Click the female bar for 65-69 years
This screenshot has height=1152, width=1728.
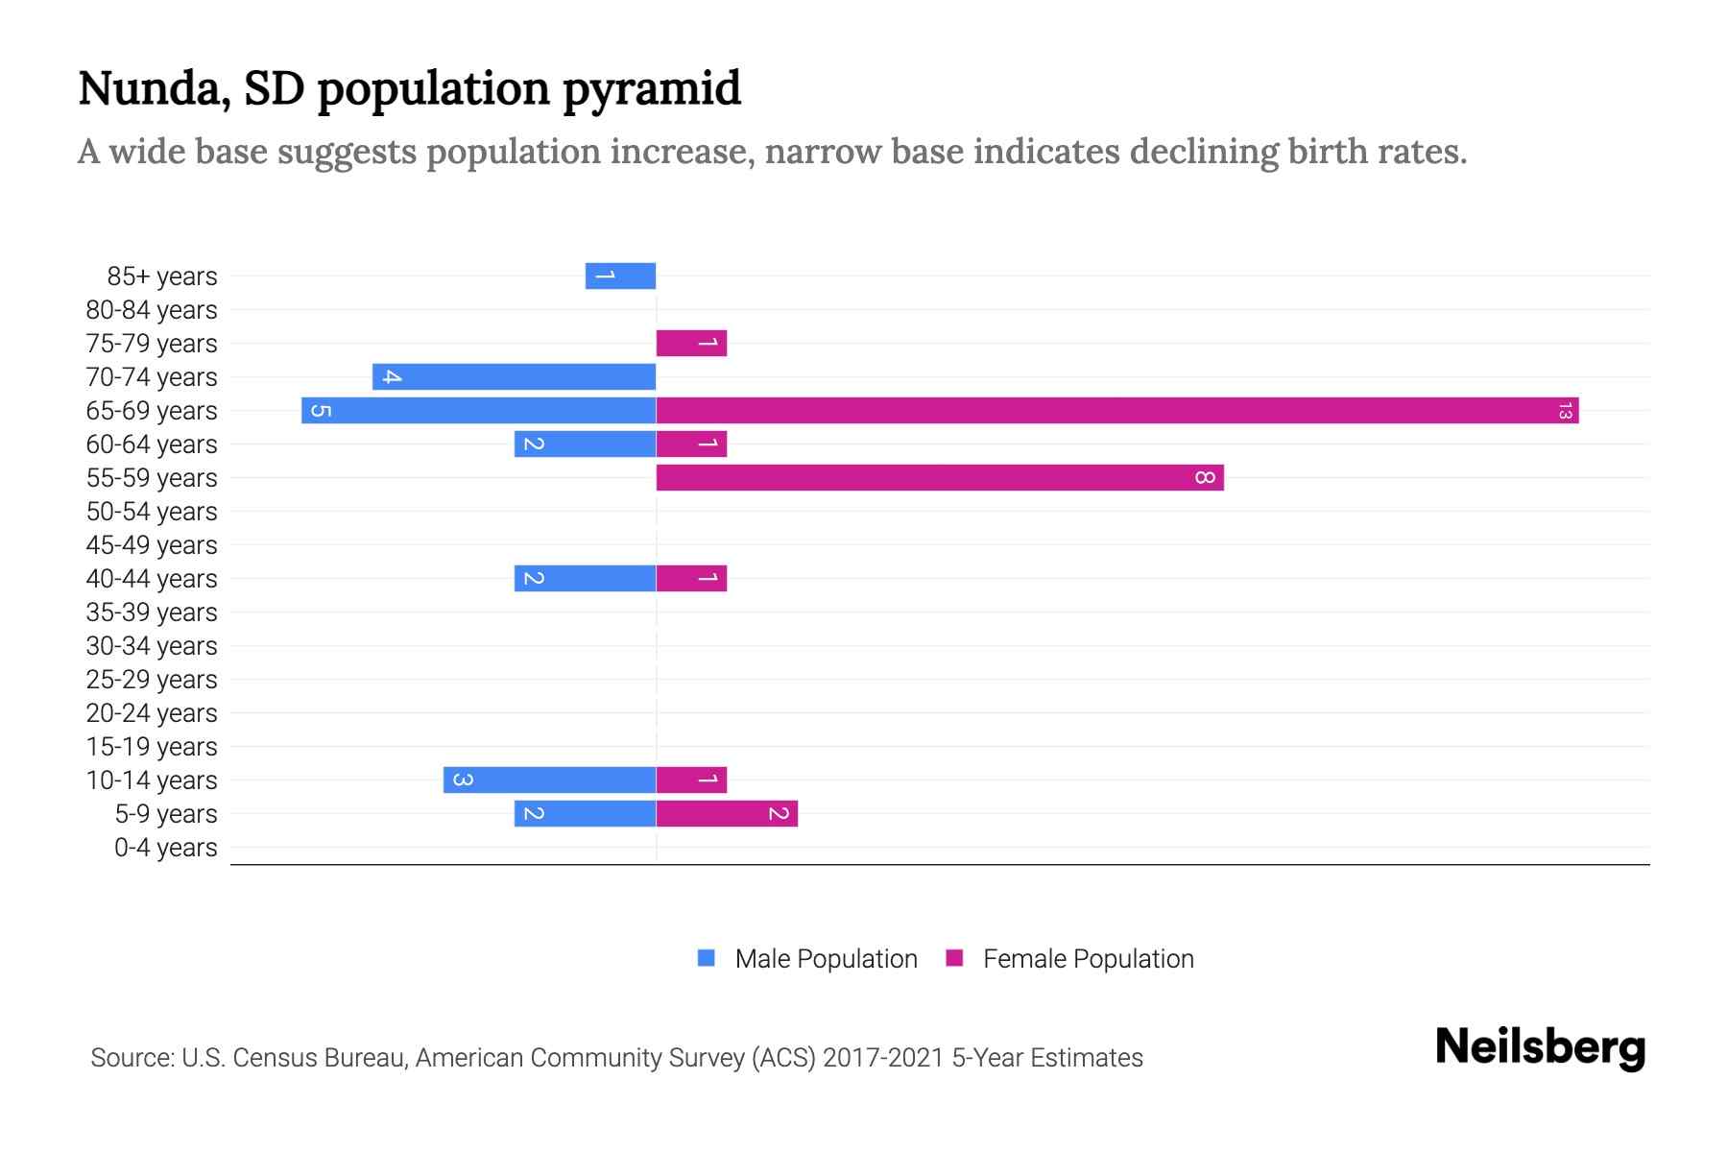tap(1116, 411)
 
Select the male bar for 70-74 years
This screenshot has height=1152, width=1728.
tap(514, 377)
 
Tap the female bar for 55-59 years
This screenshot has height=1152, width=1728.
tap(939, 478)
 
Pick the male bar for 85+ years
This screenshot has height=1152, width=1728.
tap(620, 276)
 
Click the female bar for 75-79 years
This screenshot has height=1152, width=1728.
tap(691, 344)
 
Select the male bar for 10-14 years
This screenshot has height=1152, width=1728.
tap(549, 780)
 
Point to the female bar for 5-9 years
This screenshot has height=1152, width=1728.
tap(727, 814)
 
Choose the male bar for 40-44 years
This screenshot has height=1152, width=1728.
tap(585, 579)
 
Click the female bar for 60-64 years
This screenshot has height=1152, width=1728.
tap(691, 444)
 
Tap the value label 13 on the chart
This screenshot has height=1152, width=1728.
tap(1565, 411)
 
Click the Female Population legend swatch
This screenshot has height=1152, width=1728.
tap(954, 958)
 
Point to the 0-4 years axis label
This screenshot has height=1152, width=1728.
tap(165, 848)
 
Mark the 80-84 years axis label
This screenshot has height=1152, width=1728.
tap(152, 310)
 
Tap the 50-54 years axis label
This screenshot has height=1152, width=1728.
tap(152, 512)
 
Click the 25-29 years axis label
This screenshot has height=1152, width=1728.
tap(152, 680)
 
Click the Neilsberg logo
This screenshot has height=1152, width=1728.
tap(1540, 1047)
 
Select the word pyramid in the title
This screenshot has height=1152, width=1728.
tap(651, 89)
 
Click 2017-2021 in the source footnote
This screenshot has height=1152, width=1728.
tap(883, 1058)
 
